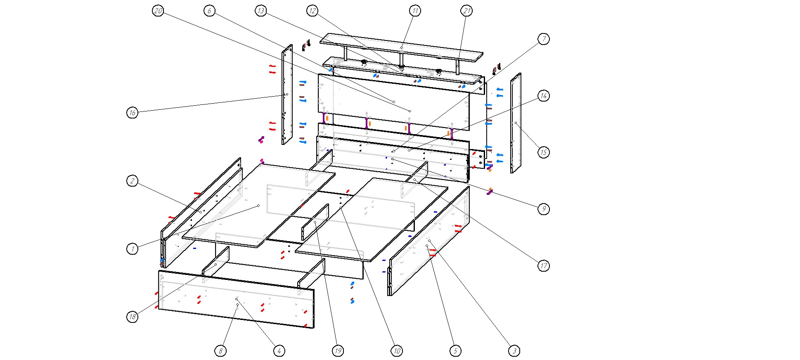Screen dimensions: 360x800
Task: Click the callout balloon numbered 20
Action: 158,11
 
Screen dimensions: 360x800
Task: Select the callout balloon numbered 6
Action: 209,11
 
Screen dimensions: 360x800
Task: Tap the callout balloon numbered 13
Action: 260,11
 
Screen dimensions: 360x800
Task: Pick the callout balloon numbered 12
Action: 312,11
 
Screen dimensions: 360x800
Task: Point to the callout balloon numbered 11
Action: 415,11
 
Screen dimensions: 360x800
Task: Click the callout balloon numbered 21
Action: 466,11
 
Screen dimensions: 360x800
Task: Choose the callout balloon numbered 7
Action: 544,39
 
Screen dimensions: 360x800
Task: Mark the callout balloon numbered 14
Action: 544,96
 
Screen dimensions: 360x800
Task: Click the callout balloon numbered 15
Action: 544,152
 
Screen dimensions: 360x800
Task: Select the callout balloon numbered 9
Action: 544,209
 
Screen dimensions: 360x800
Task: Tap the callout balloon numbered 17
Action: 544,265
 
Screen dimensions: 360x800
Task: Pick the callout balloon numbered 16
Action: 132,112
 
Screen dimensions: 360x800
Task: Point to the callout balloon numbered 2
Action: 132,180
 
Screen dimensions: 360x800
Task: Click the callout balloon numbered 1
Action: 132,249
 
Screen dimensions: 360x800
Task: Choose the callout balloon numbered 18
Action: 132,317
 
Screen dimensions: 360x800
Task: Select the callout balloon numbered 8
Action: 220,351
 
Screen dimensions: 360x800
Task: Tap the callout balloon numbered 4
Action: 279,351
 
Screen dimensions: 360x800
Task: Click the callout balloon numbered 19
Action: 338,351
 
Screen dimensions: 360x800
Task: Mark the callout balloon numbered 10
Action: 396,351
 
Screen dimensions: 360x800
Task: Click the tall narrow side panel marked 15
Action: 516,123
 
